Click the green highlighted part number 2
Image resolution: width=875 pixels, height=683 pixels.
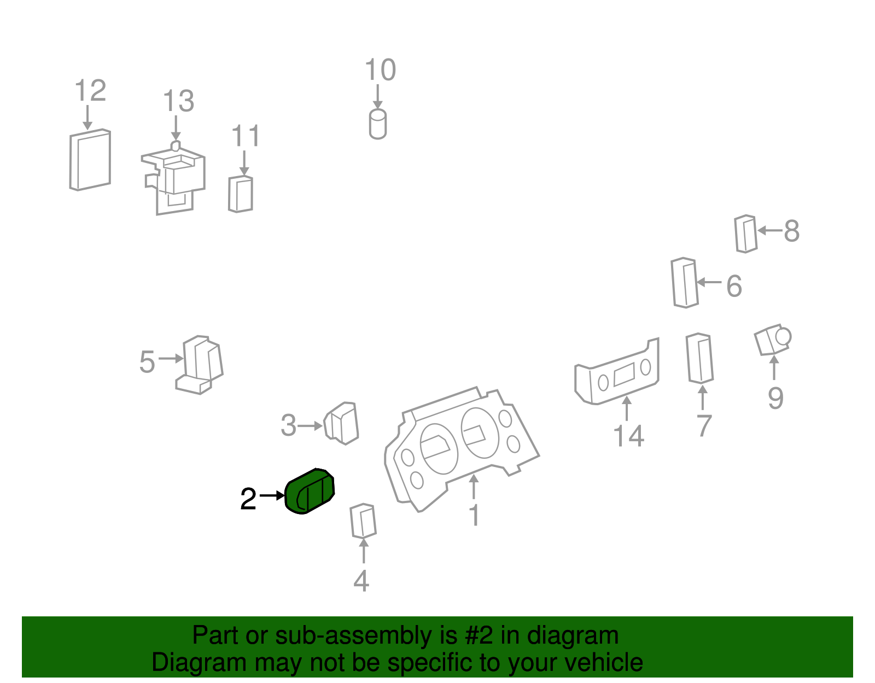coord(309,492)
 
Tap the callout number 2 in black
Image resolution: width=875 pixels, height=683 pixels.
coord(248,499)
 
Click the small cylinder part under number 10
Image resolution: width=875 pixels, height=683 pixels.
coord(378,124)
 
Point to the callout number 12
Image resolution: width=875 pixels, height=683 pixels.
coord(91,90)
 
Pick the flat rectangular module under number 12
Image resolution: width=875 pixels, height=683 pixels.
coord(90,160)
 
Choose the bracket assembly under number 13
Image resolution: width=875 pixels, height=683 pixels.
coord(173,178)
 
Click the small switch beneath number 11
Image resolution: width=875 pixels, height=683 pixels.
coord(241,194)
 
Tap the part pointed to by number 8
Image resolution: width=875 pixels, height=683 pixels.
coord(745,234)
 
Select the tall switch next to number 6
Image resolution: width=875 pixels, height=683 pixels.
coord(684,283)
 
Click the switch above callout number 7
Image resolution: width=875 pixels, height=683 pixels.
coord(699,358)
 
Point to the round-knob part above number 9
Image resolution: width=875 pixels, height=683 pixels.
coord(772,340)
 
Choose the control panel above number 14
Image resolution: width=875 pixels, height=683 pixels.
coord(617,371)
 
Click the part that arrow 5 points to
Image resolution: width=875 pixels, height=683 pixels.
coord(199,365)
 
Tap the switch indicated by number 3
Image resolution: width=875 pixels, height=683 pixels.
coord(341,423)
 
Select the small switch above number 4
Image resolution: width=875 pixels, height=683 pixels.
coord(363,521)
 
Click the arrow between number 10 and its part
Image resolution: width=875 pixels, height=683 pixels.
coord(378,97)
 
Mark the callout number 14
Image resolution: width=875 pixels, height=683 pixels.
coord(628,436)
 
